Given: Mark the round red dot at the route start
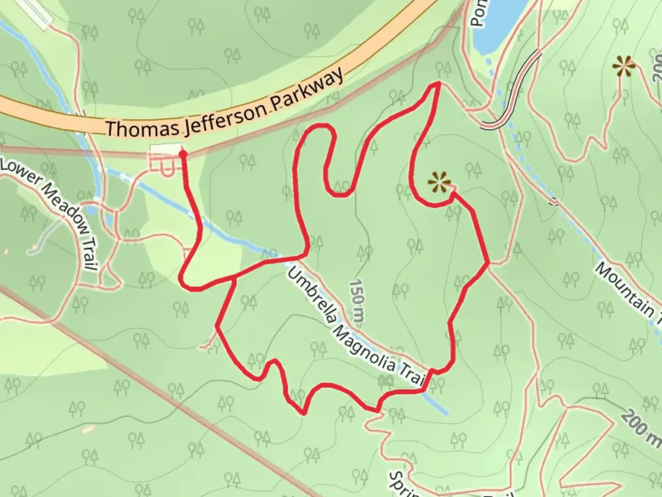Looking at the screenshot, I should [x=183, y=153].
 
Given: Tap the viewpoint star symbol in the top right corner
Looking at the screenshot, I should [x=623, y=67].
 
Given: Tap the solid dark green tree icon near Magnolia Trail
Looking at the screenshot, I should [x=385, y=380].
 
